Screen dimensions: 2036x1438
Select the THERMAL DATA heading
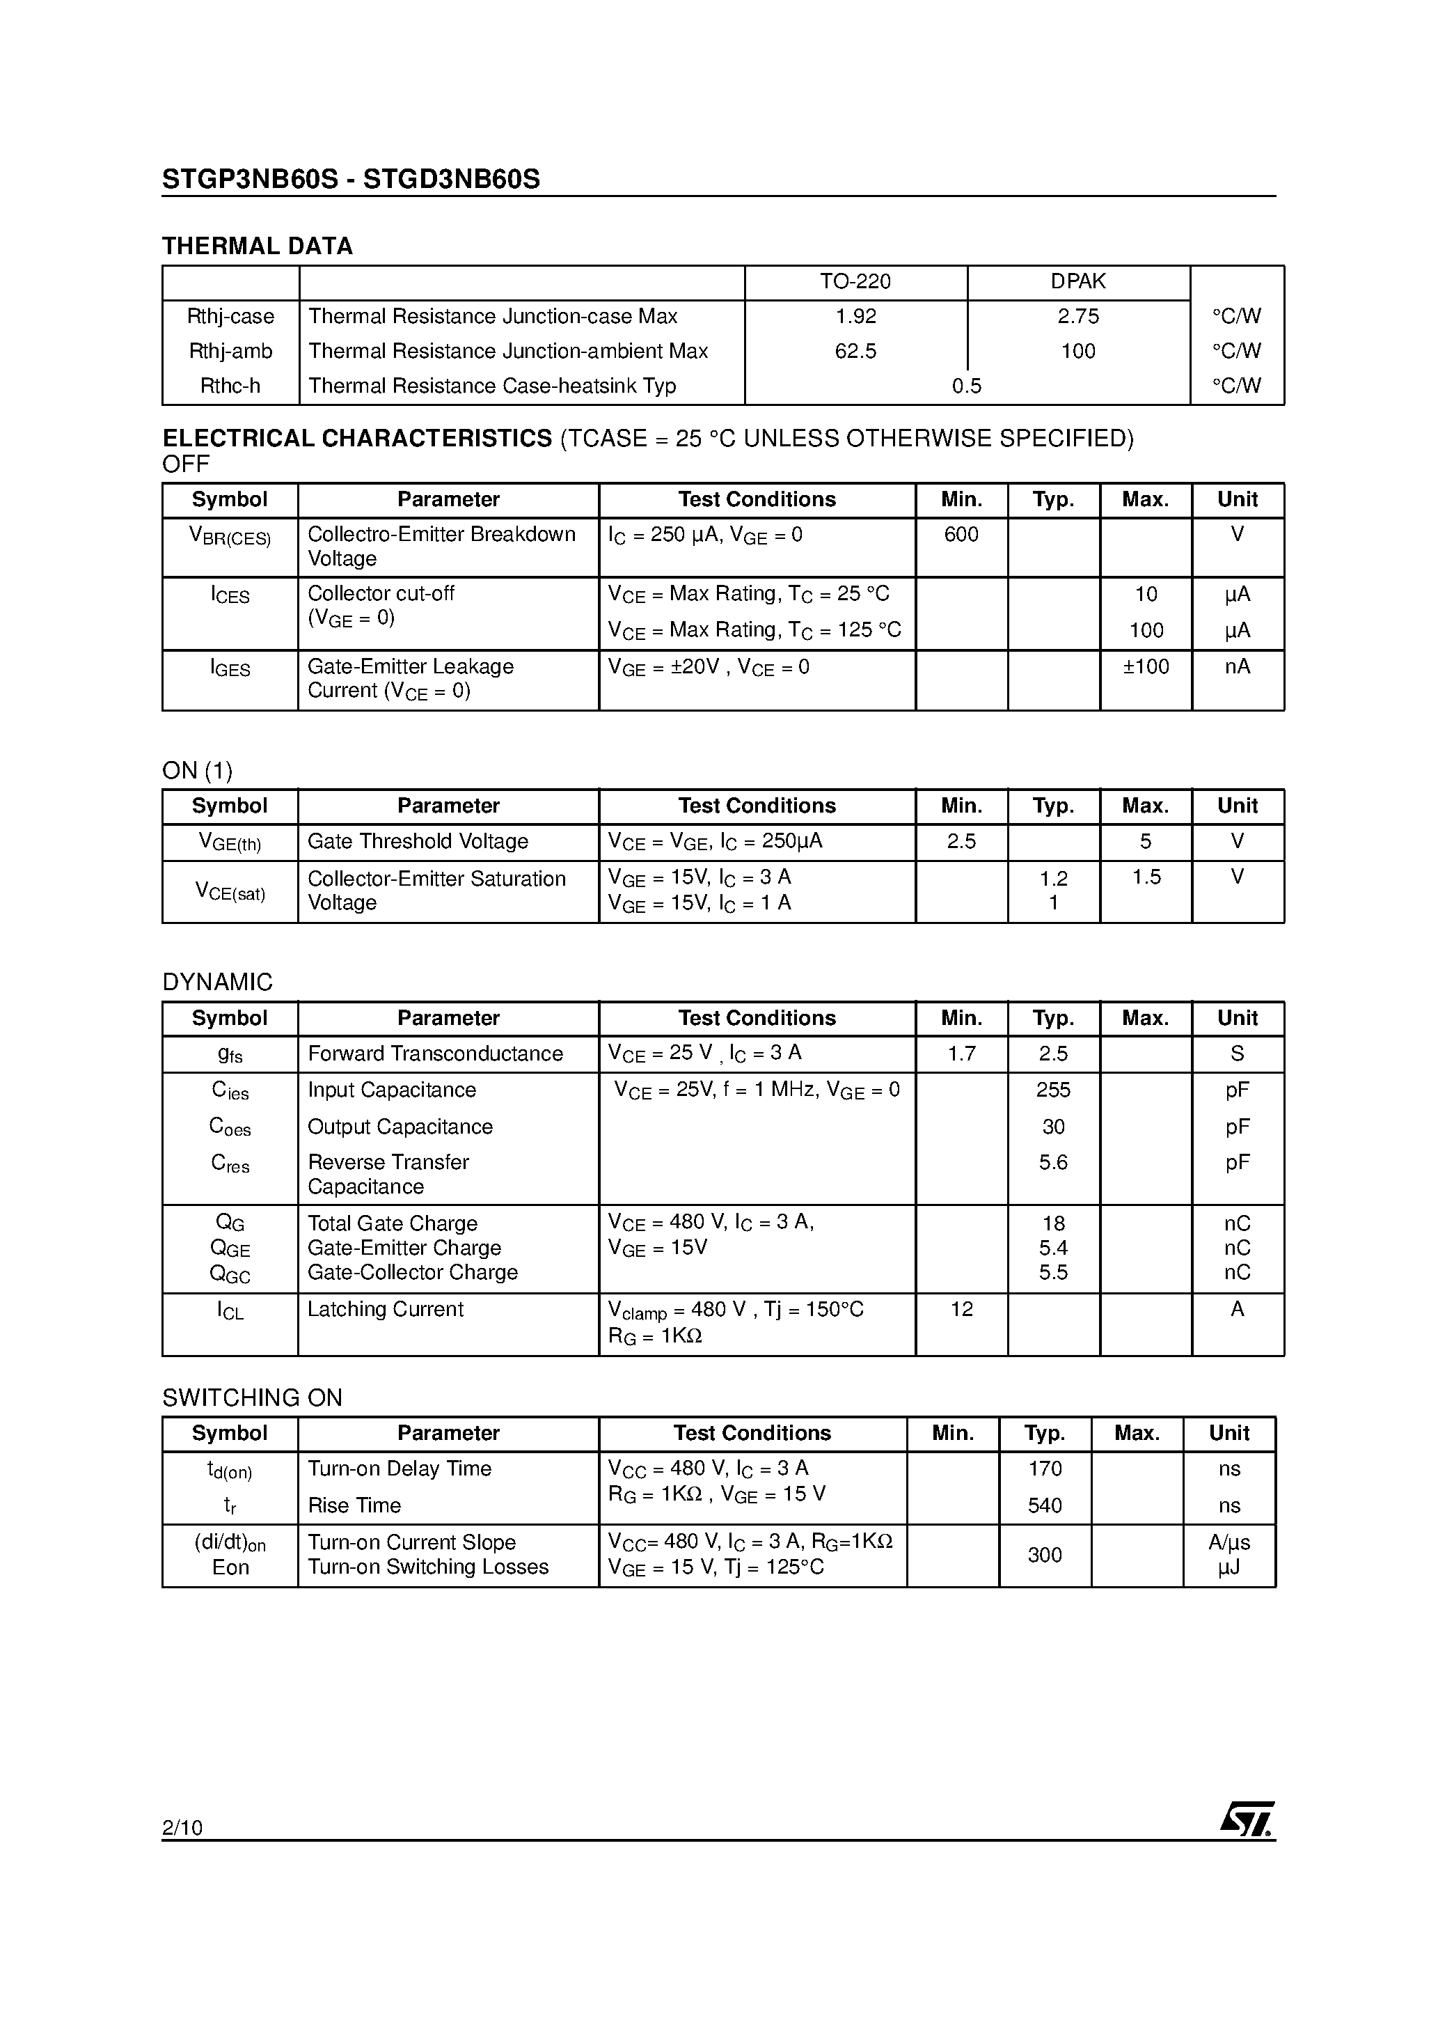(257, 246)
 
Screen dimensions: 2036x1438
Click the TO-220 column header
(855, 282)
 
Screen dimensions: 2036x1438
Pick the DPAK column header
(1078, 282)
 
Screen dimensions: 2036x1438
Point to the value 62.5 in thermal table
(855, 351)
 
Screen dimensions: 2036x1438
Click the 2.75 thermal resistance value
(1078, 317)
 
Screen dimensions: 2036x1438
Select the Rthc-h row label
(230, 386)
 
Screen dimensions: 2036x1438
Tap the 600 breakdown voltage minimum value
(961, 535)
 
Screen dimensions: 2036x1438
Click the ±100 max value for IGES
(1146, 667)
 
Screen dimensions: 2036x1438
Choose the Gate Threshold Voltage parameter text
(418, 842)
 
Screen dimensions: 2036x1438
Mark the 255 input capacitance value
(1053, 1090)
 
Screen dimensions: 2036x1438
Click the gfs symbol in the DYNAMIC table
(230, 1054)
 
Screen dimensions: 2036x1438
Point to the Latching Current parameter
(385, 1310)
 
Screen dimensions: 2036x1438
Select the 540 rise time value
(1044, 1505)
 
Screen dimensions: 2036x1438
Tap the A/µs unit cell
(1228, 1542)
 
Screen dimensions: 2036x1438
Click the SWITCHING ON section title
(252, 1398)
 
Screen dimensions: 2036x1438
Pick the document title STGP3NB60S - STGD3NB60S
(350, 179)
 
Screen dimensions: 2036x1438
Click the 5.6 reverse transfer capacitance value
(1053, 1163)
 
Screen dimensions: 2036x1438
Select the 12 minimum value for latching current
(961, 1310)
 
